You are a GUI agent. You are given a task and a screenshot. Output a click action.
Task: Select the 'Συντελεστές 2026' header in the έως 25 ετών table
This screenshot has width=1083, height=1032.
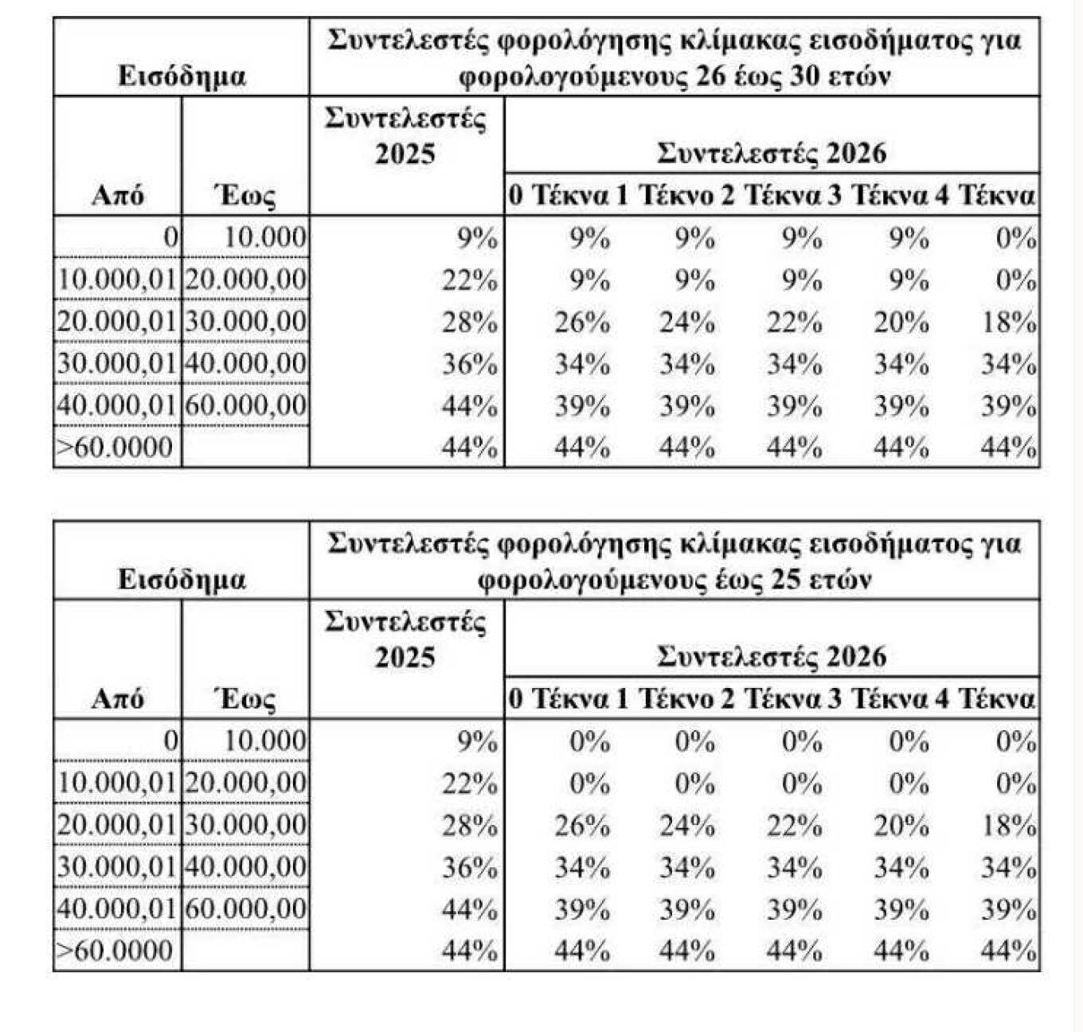771,656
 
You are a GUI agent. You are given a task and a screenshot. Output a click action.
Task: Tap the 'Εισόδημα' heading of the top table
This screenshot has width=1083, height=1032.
182,76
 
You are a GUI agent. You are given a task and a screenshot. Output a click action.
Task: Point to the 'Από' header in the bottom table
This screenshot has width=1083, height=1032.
118,698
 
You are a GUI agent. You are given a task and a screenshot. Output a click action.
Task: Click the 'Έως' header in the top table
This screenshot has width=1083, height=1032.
245,196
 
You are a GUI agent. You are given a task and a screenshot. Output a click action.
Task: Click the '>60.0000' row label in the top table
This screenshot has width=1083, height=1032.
115,448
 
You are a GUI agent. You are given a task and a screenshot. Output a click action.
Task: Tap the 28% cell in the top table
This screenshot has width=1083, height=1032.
470,322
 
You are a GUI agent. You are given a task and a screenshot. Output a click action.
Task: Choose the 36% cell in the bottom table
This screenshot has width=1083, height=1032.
470,867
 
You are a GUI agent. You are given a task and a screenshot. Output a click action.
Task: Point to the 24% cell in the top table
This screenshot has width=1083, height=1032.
686,322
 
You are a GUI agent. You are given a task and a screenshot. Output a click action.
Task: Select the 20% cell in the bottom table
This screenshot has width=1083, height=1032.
901,826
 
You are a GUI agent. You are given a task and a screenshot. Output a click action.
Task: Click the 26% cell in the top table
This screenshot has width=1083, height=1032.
582,322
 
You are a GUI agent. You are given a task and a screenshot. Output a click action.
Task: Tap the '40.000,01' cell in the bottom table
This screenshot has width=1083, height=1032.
116,909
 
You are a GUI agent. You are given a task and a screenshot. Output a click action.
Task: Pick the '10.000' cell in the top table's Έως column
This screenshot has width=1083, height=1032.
264,237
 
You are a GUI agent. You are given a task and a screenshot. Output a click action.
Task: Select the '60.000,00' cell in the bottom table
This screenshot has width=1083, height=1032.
245,909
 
